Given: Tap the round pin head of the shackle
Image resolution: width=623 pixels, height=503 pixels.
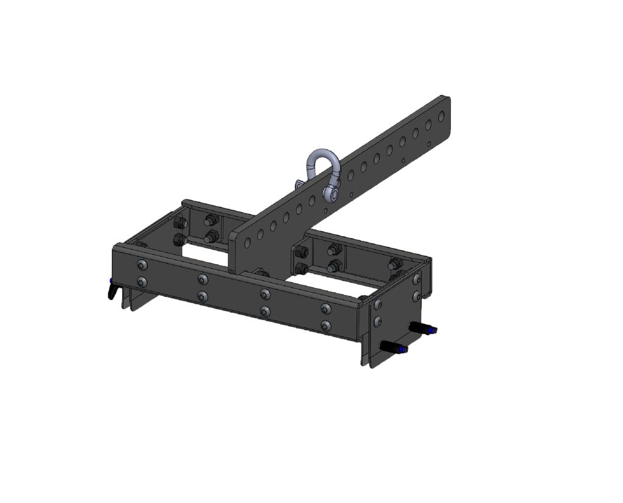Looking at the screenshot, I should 332,193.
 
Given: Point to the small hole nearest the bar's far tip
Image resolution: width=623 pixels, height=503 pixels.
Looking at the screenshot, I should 430,144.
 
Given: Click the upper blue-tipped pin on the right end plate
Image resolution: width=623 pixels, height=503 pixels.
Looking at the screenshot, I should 425,329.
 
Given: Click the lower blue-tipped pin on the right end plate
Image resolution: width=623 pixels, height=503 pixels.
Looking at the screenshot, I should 394,349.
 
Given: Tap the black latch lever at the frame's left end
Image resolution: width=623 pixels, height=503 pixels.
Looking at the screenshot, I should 111,291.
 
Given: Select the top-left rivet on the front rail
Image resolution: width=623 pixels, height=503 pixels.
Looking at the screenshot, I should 142,265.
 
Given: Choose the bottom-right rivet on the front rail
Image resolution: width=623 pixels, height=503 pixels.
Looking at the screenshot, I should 326,325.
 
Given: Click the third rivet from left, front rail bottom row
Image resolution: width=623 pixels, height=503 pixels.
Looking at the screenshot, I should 265,311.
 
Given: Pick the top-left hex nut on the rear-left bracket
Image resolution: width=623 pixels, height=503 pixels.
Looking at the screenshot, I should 180,223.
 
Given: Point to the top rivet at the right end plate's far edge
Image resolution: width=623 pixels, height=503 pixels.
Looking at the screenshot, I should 417,279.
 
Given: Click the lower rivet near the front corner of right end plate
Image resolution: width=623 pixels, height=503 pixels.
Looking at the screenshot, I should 378,320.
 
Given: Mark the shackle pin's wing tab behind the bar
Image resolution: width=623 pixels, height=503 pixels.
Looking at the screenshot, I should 299,184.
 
